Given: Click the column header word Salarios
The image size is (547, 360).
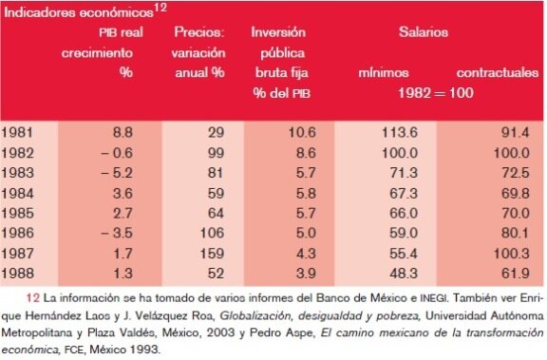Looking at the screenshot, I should pos(424,32).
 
